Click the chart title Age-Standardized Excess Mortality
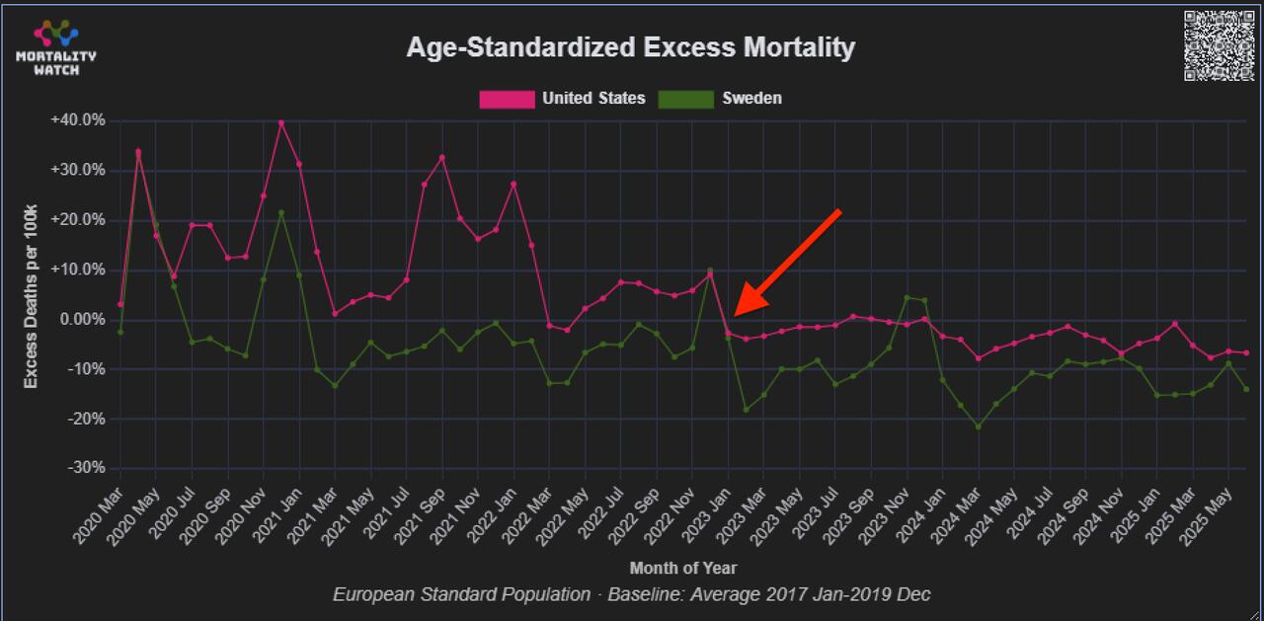point(630,47)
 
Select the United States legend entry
point(592,99)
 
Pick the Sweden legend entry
point(751,99)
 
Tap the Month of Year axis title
point(682,568)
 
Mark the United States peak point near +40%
point(281,122)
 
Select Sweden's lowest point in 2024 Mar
point(979,427)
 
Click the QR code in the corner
point(1219,45)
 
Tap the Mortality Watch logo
point(56,47)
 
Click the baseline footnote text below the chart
point(631,594)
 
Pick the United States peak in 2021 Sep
point(442,158)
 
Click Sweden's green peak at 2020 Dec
point(281,212)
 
